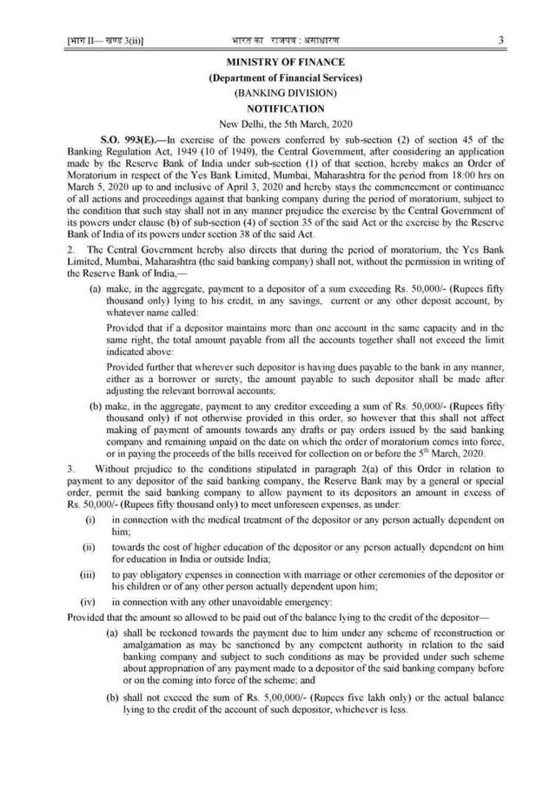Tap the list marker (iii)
89,573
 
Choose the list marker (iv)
89,601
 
